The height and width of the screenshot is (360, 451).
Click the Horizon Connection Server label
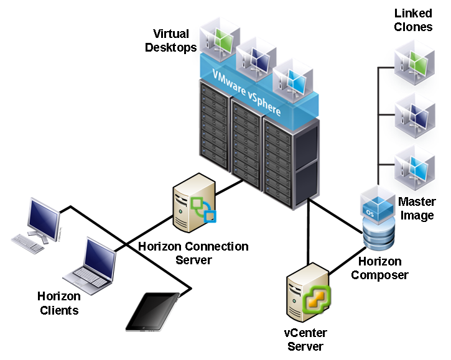[x=193, y=252]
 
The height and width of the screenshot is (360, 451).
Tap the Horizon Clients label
[x=58, y=302]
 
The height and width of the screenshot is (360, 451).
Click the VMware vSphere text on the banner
[x=246, y=93]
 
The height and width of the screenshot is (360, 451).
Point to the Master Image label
[x=416, y=208]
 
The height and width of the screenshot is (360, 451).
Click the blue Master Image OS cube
[x=378, y=205]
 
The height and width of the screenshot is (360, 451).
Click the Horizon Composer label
[x=379, y=268]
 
